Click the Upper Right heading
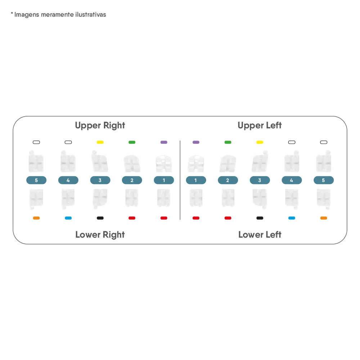pos(100,126)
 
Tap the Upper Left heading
pos(260,126)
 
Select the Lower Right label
pos(100,235)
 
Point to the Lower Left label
pos(260,235)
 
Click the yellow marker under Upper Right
pos(100,142)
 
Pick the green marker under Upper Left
pos(228,142)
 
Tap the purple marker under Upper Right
pos(164,142)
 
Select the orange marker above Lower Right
pos(36,218)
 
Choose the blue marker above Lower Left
pos(292,218)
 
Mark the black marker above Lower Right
pos(100,218)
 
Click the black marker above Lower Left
pos(260,218)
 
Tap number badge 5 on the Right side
pos(36,180)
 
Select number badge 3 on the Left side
pos(260,180)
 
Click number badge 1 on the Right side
pos(164,180)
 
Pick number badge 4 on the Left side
pos(292,180)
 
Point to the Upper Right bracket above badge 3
pos(100,161)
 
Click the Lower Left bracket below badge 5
pos(324,199)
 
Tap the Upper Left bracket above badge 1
pos(196,163)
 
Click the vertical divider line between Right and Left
pos(180,180)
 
